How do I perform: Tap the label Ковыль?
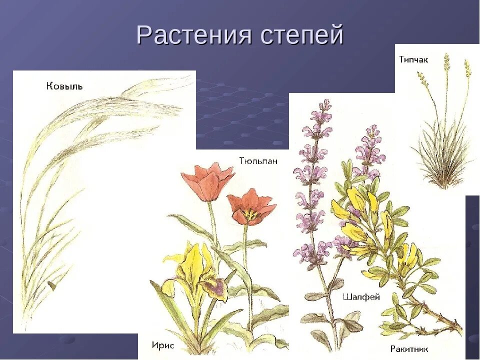(64, 86)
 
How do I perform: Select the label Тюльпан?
(258, 161)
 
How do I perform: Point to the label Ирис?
(163, 345)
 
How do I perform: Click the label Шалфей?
(361, 297)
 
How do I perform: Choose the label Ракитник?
(409, 348)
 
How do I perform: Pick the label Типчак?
(413, 59)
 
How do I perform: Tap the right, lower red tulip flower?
(250, 207)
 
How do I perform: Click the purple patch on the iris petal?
(216, 286)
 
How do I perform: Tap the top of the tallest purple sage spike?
(325, 104)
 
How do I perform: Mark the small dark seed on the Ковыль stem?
(51, 285)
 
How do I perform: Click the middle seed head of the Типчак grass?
(446, 62)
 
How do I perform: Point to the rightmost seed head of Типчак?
(467, 68)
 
